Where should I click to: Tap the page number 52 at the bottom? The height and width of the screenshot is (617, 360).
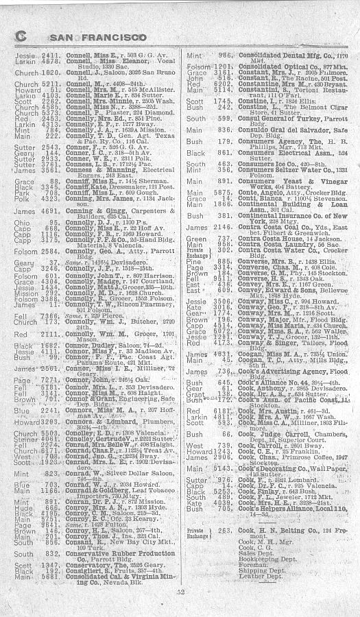coord(180,591)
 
